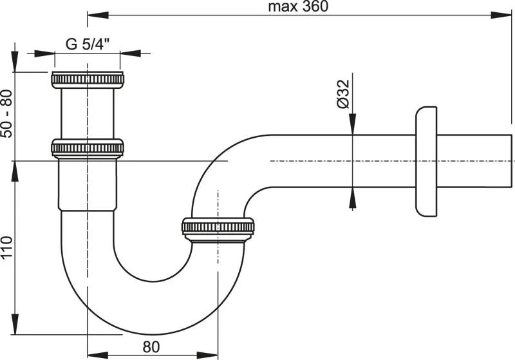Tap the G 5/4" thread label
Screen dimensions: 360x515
coord(88,44)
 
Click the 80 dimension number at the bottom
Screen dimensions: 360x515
coord(151,345)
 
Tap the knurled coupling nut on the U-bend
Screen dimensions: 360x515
coord(219,229)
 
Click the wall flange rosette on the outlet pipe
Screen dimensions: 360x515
coord(426,160)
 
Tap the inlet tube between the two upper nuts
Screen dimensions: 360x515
coord(87,114)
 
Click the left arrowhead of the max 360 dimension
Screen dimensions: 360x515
coord(91,14)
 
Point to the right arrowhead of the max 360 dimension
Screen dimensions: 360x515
coord(505,14)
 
